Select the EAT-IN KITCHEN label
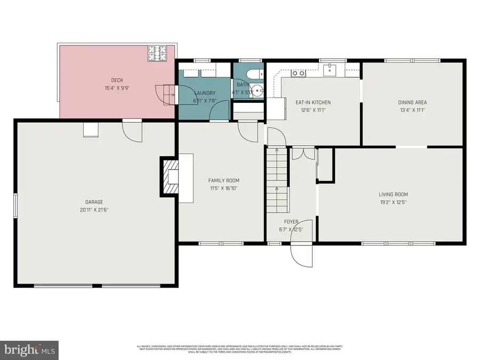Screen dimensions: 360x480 click(x=313, y=102)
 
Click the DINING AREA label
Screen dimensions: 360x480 click(x=412, y=102)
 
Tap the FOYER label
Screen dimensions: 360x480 click(x=291, y=222)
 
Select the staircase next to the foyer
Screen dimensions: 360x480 click(x=277, y=181)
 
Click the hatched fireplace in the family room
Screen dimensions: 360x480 click(x=170, y=176)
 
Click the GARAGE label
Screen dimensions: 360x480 click(x=94, y=202)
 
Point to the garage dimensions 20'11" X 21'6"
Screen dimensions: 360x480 click(x=94, y=210)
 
